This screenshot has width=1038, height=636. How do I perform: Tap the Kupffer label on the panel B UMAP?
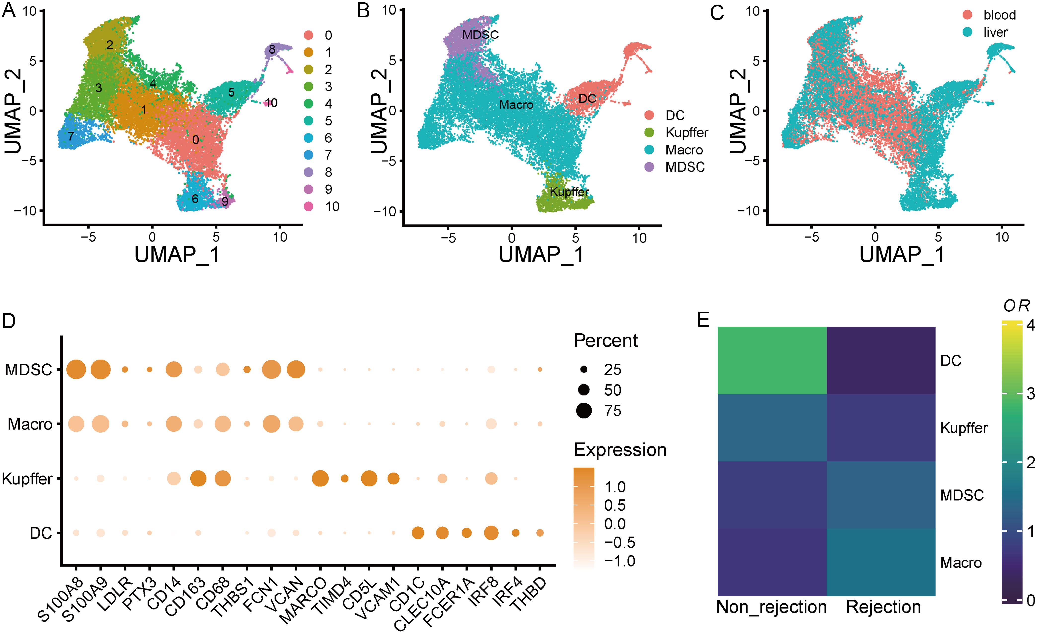pos(569,192)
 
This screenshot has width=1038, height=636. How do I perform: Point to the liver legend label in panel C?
pos(996,33)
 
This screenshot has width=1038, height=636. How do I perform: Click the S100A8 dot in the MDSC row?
pos(76,370)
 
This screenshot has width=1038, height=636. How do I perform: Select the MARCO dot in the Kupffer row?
pos(321,479)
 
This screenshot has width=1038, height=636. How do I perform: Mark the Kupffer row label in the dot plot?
pos(27,479)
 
